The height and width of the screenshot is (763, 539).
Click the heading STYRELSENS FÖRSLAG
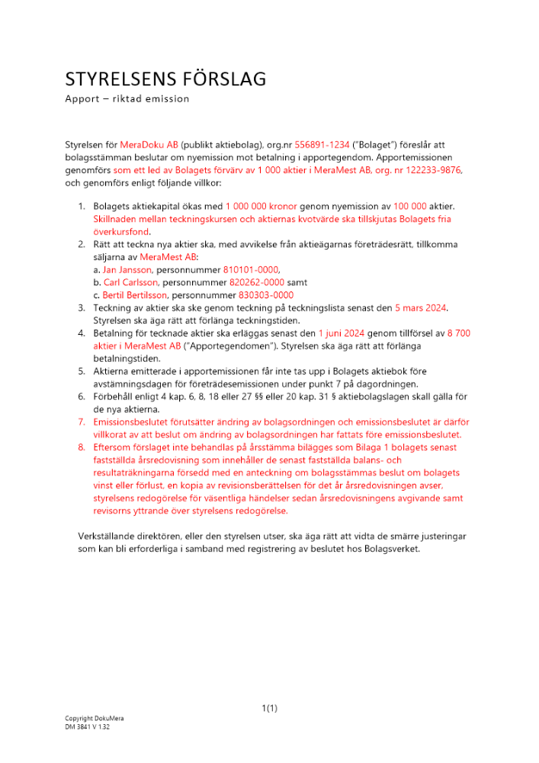pyautogui.click(x=165, y=79)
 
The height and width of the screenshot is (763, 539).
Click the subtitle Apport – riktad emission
pyautogui.click(x=127, y=99)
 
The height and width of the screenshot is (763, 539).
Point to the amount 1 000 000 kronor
pyautogui.click(x=261, y=207)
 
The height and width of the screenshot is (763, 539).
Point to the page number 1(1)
pyautogui.click(x=269, y=709)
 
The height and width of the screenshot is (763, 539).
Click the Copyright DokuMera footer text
pyautogui.click(x=94, y=719)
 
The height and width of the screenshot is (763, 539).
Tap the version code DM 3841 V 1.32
pyautogui.click(x=88, y=727)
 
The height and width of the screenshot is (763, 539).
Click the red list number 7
pyautogui.click(x=82, y=421)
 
